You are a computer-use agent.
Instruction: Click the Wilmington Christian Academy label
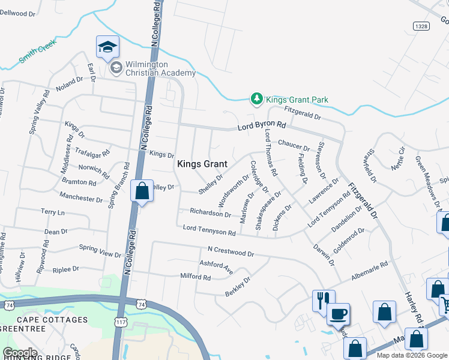click(160, 69)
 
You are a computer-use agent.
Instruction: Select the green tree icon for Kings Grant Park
click(256, 98)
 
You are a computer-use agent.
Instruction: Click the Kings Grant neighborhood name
click(202, 164)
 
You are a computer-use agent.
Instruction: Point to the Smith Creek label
click(37, 51)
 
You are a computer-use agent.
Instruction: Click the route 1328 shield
click(420, 26)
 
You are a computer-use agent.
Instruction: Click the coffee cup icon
click(338, 313)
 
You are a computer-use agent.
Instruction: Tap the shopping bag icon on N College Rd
click(142, 191)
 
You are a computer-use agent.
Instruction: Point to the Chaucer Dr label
click(294, 145)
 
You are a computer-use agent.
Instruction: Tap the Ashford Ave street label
click(216, 267)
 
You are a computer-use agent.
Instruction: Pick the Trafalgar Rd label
click(97, 155)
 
